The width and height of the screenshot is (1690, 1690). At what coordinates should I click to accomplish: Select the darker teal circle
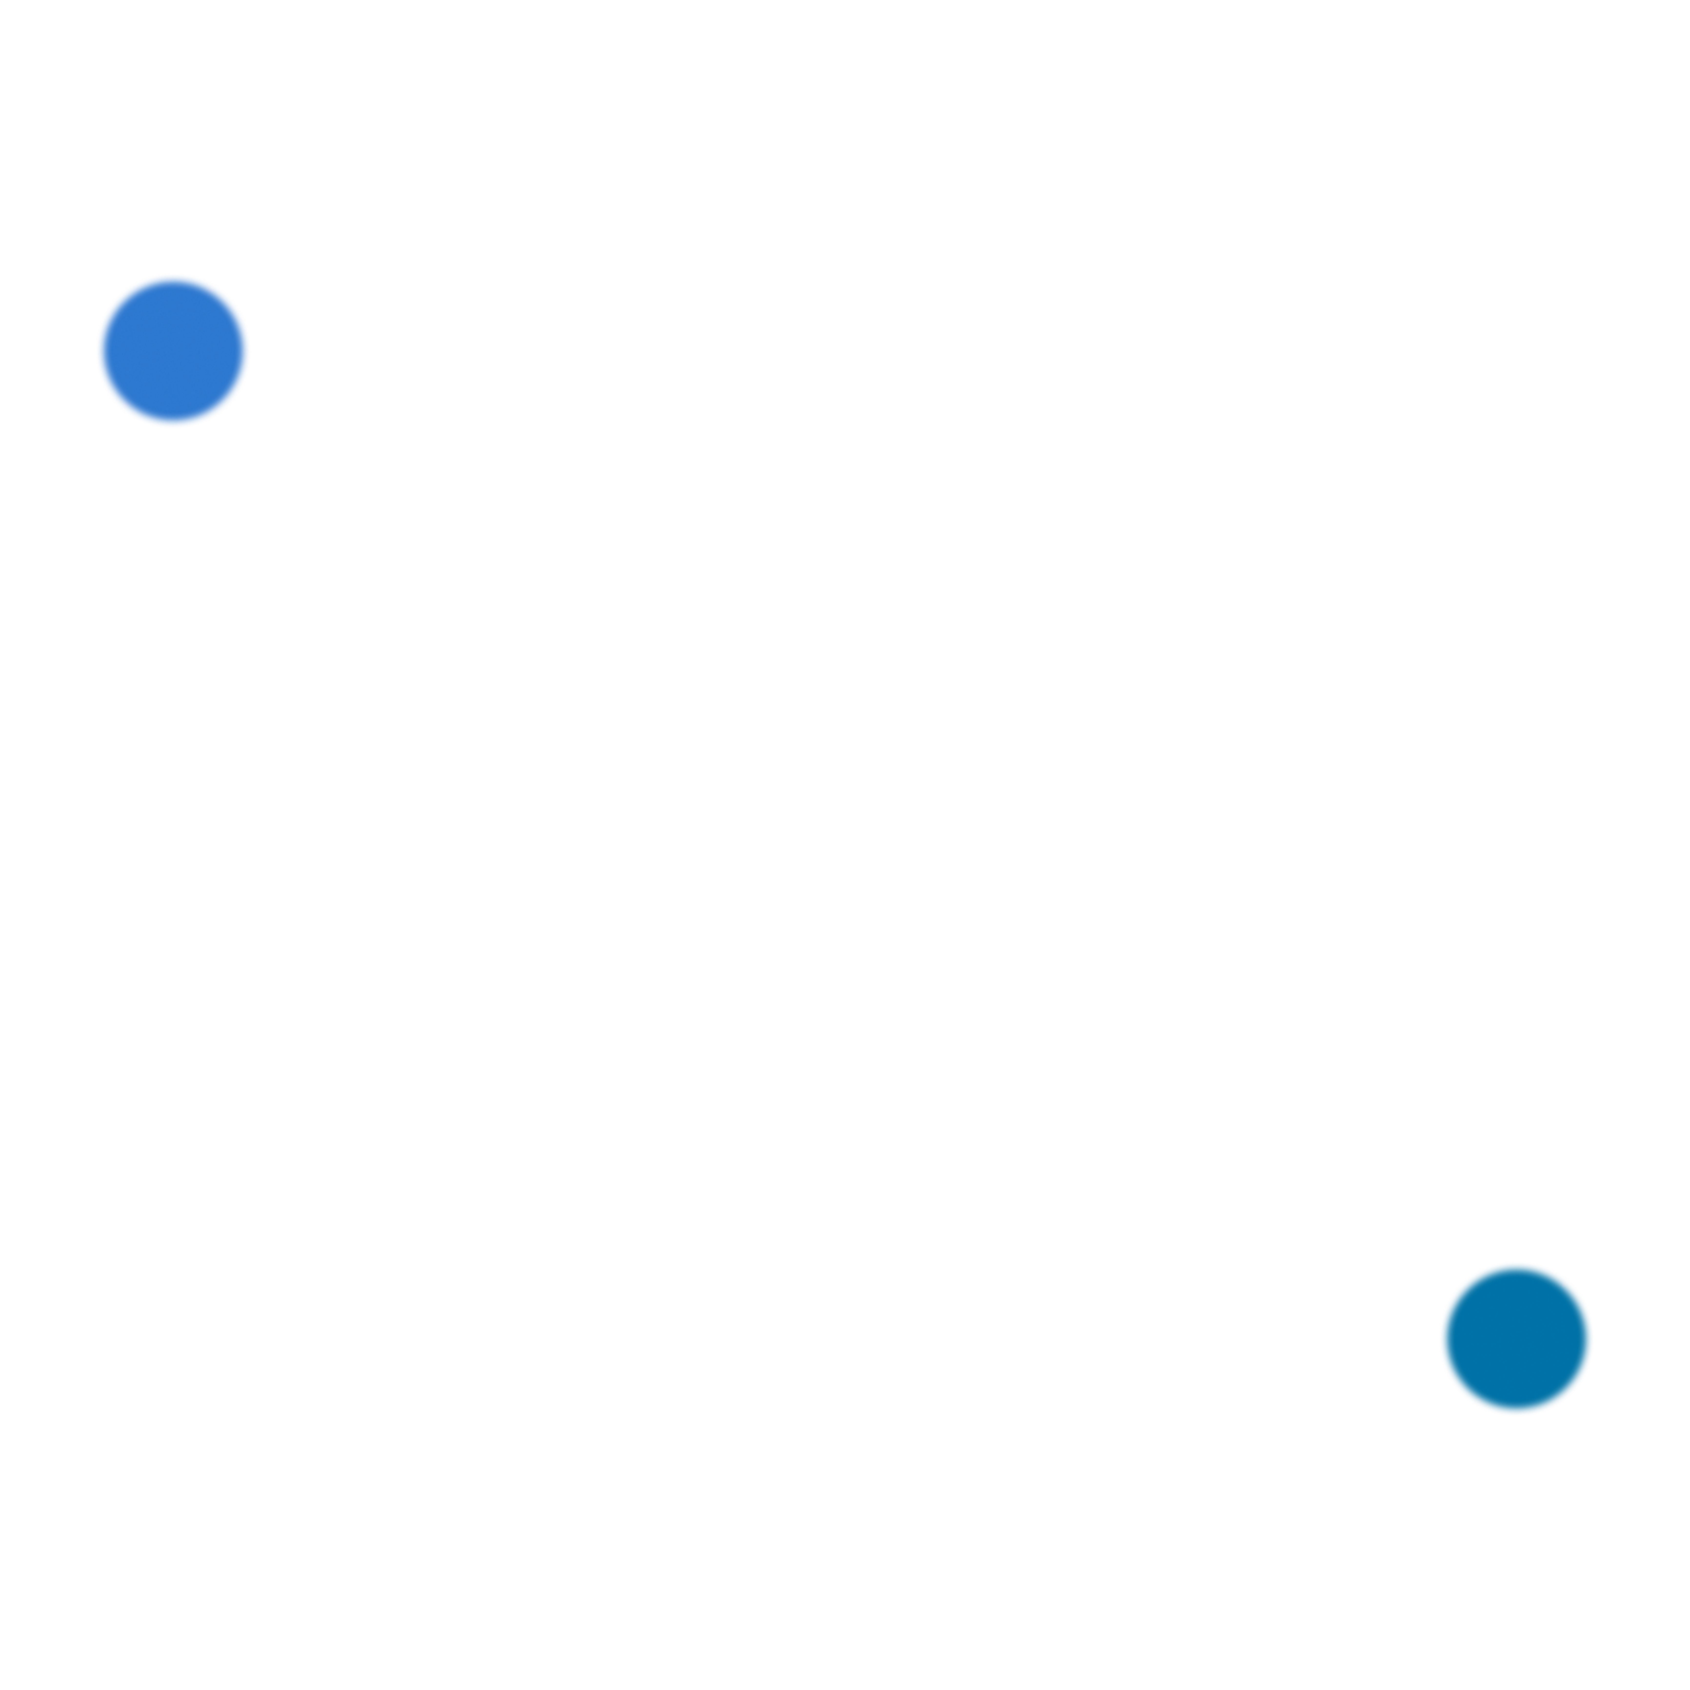click(1516, 1338)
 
